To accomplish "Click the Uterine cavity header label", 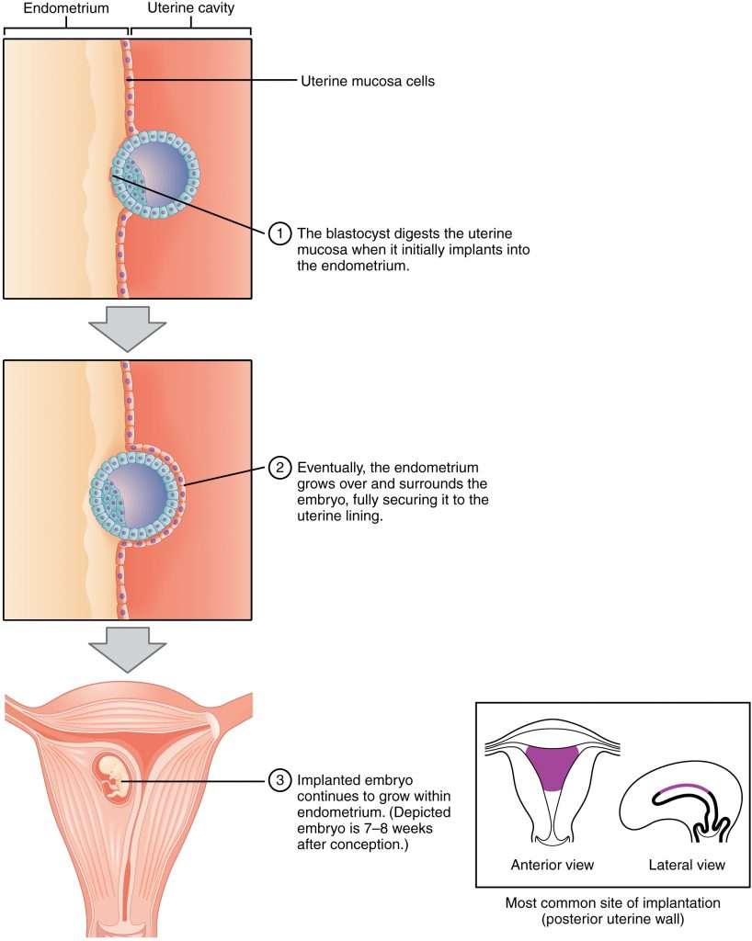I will pyautogui.click(x=191, y=8).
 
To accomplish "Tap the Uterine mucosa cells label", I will pyautogui.click(x=368, y=82).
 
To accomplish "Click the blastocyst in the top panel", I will pyautogui.click(x=155, y=173).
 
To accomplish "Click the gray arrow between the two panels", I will pyautogui.click(x=128, y=325).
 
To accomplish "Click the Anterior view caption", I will pyautogui.click(x=552, y=865).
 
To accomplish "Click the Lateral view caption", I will pyautogui.click(x=687, y=865).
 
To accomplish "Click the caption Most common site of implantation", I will pyautogui.click(x=612, y=903).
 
